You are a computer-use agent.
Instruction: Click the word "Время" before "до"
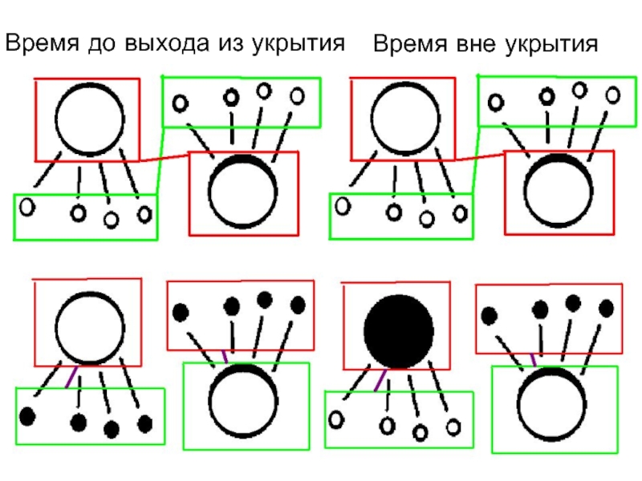click(42, 42)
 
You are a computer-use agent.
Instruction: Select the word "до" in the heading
click(103, 43)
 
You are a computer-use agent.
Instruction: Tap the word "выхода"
click(167, 43)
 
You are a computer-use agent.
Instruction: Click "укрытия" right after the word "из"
click(299, 44)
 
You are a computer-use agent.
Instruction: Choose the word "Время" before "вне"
click(410, 43)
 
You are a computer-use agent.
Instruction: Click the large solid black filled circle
click(399, 331)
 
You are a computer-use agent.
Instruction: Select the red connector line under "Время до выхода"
click(165, 157)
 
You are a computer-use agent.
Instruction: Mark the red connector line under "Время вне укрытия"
click(480, 157)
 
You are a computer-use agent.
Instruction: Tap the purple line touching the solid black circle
click(380, 380)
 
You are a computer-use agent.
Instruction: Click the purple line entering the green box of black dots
click(71, 377)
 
